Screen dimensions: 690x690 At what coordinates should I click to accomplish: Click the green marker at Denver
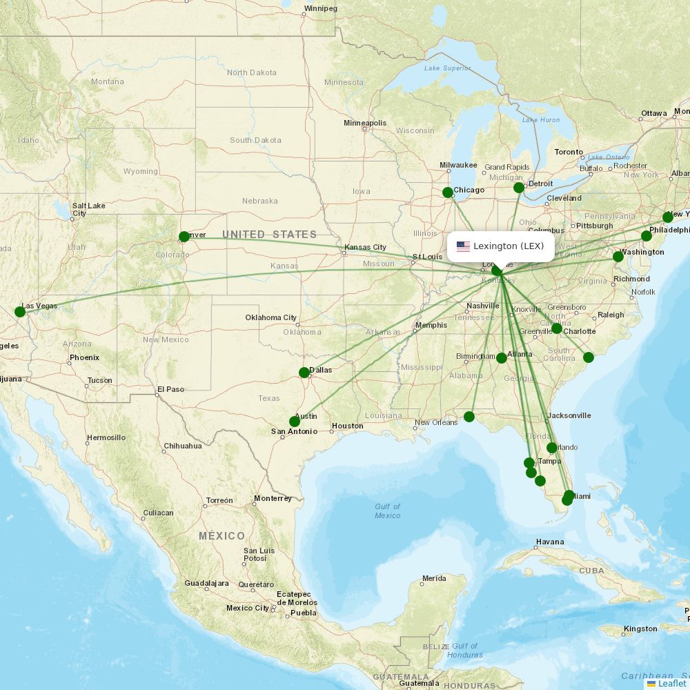click(x=184, y=237)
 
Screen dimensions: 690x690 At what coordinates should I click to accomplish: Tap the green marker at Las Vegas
click(x=20, y=312)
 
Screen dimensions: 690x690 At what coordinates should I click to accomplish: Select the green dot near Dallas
click(x=304, y=373)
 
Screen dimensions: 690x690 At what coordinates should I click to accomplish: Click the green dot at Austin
click(x=295, y=422)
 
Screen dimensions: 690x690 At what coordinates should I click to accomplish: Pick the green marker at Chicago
click(x=448, y=193)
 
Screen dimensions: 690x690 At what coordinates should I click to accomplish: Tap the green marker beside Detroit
click(x=519, y=188)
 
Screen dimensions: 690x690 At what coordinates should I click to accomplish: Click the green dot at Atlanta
click(x=502, y=358)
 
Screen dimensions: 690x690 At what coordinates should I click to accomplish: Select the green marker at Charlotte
click(x=557, y=328)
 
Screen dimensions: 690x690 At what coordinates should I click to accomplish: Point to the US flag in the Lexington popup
click(x=463, y=246)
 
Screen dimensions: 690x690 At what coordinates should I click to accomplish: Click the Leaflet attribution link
click(x=671, y=683)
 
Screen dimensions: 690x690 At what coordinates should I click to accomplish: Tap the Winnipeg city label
click(x=321, y=8)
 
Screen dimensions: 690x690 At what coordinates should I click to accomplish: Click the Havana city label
click(x=550, y=542)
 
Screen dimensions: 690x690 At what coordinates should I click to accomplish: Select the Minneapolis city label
click(x=365, y=124)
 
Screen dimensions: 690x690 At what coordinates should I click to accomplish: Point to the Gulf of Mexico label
click(x=387, y=511)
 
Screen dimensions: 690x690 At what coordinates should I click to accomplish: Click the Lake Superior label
click(x=447, y=68)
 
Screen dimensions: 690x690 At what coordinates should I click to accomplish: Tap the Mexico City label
click(x=248, y=608)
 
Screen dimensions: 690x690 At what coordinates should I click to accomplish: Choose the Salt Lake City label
click(x=88, y=209)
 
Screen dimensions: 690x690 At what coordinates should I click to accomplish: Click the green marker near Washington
click(x=618, y=257)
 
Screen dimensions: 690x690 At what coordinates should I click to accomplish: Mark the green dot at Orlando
click(x=552, y=448)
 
